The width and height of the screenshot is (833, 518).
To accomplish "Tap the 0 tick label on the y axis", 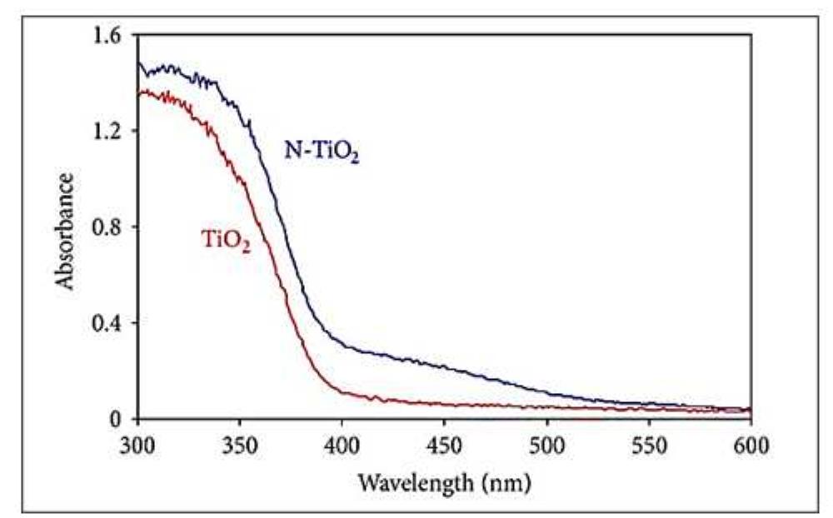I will point(119,419).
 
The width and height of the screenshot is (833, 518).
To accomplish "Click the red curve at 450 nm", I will point(444,405).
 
